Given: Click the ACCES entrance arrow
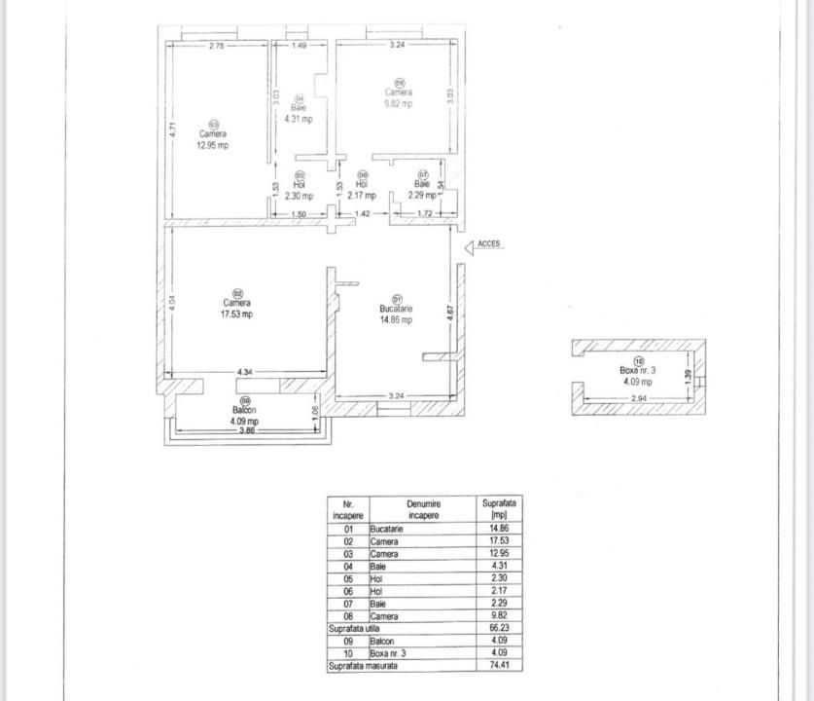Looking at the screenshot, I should click(x=472, y=247).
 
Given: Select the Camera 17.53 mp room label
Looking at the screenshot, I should click(x=237, y=309).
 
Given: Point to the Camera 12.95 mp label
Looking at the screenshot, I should click(x=213, y=139).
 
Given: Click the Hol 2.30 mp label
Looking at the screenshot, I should click(x=300, y=190).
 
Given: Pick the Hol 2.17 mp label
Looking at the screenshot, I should click(x=362, y=190).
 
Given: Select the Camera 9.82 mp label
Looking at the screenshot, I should click(x=399, y=97).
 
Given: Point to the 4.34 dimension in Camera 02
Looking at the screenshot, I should click(x=245, y=372).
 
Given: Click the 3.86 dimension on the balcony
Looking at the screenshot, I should click(x=247, y=430).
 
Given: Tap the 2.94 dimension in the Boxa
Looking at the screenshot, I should click(x=639, y=399).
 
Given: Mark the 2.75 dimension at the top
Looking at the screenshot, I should click(x=216, y=46).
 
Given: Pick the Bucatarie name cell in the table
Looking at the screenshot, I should click(x=386, y=529).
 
